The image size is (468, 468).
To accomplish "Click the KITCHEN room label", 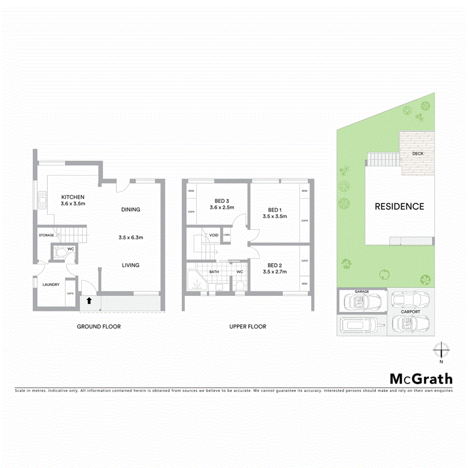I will (x=73, y=197).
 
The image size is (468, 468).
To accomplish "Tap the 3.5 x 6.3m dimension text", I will (x=131, y=238).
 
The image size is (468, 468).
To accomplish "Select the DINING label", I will (x=131, y=210).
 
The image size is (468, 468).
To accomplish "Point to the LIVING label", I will (x=131, y=265).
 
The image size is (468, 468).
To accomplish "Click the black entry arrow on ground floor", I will (x=89, y=301).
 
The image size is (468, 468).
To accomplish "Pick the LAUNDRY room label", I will (x=51, y=284).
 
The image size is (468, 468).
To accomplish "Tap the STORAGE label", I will (x=46, y=236).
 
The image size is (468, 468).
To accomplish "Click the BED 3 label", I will (x=222, y=201).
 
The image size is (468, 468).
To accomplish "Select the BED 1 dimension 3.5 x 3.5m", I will (x=275, y=216).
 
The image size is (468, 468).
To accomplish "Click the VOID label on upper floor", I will (x=214, y=235).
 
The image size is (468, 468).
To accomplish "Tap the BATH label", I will (x=214, y=272).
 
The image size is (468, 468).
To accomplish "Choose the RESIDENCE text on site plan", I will (x=399, y=206).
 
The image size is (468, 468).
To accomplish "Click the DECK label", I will (x=417, y=154).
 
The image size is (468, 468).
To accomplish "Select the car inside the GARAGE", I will (x=362, y=301).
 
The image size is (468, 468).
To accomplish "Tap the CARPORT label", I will (x=410, y=312).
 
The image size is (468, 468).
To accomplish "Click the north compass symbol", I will (x=441, y=350).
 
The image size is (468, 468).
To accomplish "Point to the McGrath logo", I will (x=421, y=379).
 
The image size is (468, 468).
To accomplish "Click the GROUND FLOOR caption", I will (x=99, y=327).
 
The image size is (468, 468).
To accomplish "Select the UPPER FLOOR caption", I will (x=248, y=327).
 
